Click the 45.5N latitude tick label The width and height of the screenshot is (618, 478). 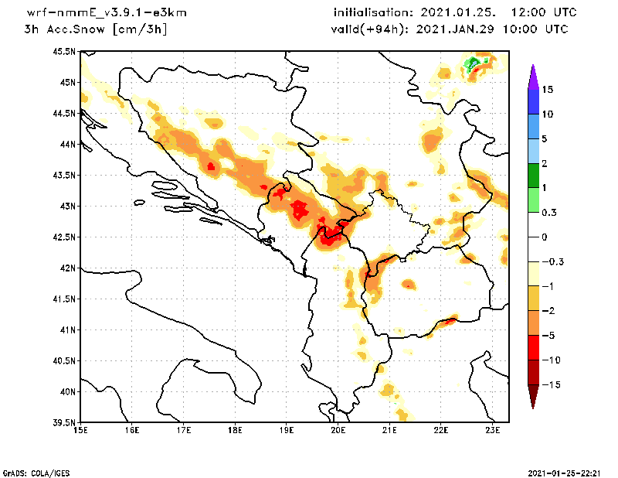[x=65, y=52]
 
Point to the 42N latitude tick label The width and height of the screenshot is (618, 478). [x=68, y=268]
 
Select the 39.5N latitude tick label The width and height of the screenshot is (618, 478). [x=65, y=423]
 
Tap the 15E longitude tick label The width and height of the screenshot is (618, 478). [x=80, y=430]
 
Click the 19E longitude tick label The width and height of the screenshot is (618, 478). [x=287, y=430]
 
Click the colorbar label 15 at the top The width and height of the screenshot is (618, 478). [x=548, y=90]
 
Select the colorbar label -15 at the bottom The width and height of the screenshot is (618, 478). [x=550, y=384]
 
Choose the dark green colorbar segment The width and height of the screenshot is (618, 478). [x=533, y=176]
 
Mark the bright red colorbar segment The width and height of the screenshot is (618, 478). [x=533, y=347]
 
